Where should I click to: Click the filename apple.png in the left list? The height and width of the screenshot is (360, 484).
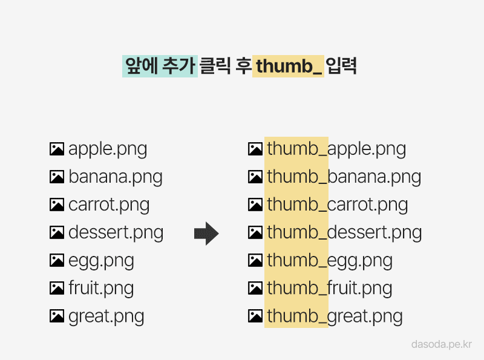pyautogui.click(x=108, y=149)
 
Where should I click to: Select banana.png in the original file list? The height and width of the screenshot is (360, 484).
pyautogui.click(x=115, y=177)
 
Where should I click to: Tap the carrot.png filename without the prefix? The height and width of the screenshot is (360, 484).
pyautogui.click(x=109, y=205)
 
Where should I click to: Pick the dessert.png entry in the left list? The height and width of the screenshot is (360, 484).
pyautogui.click(x=116, y=233)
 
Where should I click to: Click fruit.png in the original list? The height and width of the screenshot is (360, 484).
pyautogui.click(x=101, y=289)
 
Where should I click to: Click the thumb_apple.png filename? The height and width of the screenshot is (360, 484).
pyautogui.click(x=336, y=149)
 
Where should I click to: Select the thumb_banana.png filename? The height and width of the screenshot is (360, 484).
pyautogui.click(x=344, y=177)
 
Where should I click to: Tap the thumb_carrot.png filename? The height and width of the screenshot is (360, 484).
pyautogui.click(x=338, y=205)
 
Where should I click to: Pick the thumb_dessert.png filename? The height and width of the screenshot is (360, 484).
pyautogui.click(x=344, y=233)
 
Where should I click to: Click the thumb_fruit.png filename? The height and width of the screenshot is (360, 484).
pyautogui.click(x=329, y=289)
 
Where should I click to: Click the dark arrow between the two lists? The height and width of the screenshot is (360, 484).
pyautogui.click(x=206, y=234)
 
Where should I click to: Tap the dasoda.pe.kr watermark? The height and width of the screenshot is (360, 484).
pyautogui.click(x=442, y=344)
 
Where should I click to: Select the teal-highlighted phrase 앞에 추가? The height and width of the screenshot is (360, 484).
pyautogui.click(x=160, y=66)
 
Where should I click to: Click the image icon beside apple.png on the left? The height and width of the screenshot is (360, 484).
pyautogui.click(x=57, y=149)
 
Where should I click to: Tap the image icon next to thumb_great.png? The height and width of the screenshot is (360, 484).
pyautogui.click(x=255, y=316)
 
